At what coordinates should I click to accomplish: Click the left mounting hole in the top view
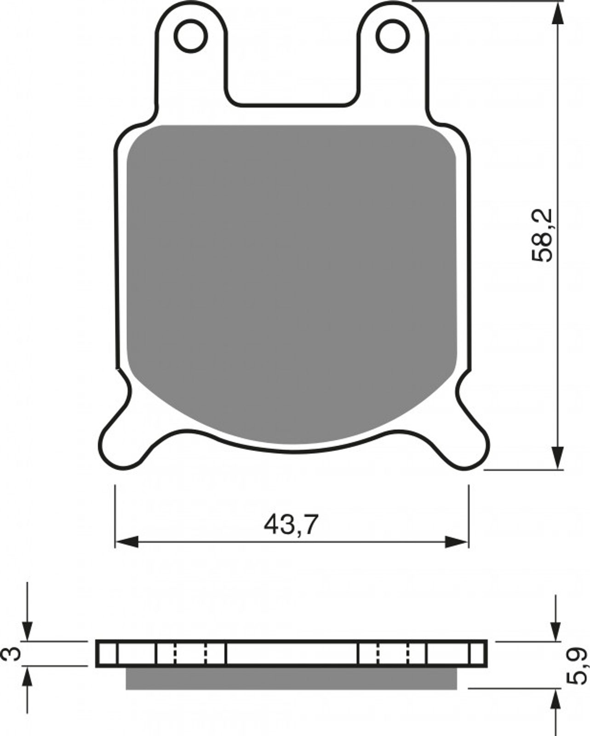point(191,35)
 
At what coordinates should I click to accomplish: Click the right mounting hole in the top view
point(393,35)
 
